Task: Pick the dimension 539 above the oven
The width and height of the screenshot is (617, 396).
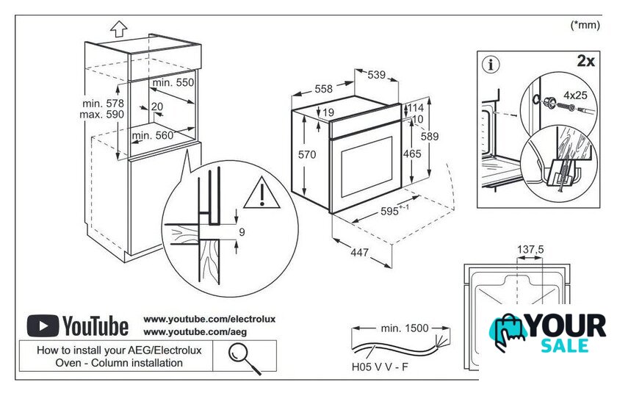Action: (x=376, y=74)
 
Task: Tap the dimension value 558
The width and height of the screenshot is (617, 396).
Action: (x=324, y=89)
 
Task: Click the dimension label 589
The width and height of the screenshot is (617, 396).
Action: (x=430, y=136)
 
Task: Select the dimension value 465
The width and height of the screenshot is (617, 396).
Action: (x=412, y=154)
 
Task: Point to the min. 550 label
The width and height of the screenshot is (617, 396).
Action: (x=173, y=83)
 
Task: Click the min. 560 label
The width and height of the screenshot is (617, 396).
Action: (x=153, y=135)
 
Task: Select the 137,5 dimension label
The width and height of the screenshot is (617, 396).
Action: (x=530, y=250)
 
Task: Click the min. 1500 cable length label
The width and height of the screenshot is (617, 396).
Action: (x=405, y=328)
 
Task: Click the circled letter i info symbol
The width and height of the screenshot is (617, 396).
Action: (x=491, y=64)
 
